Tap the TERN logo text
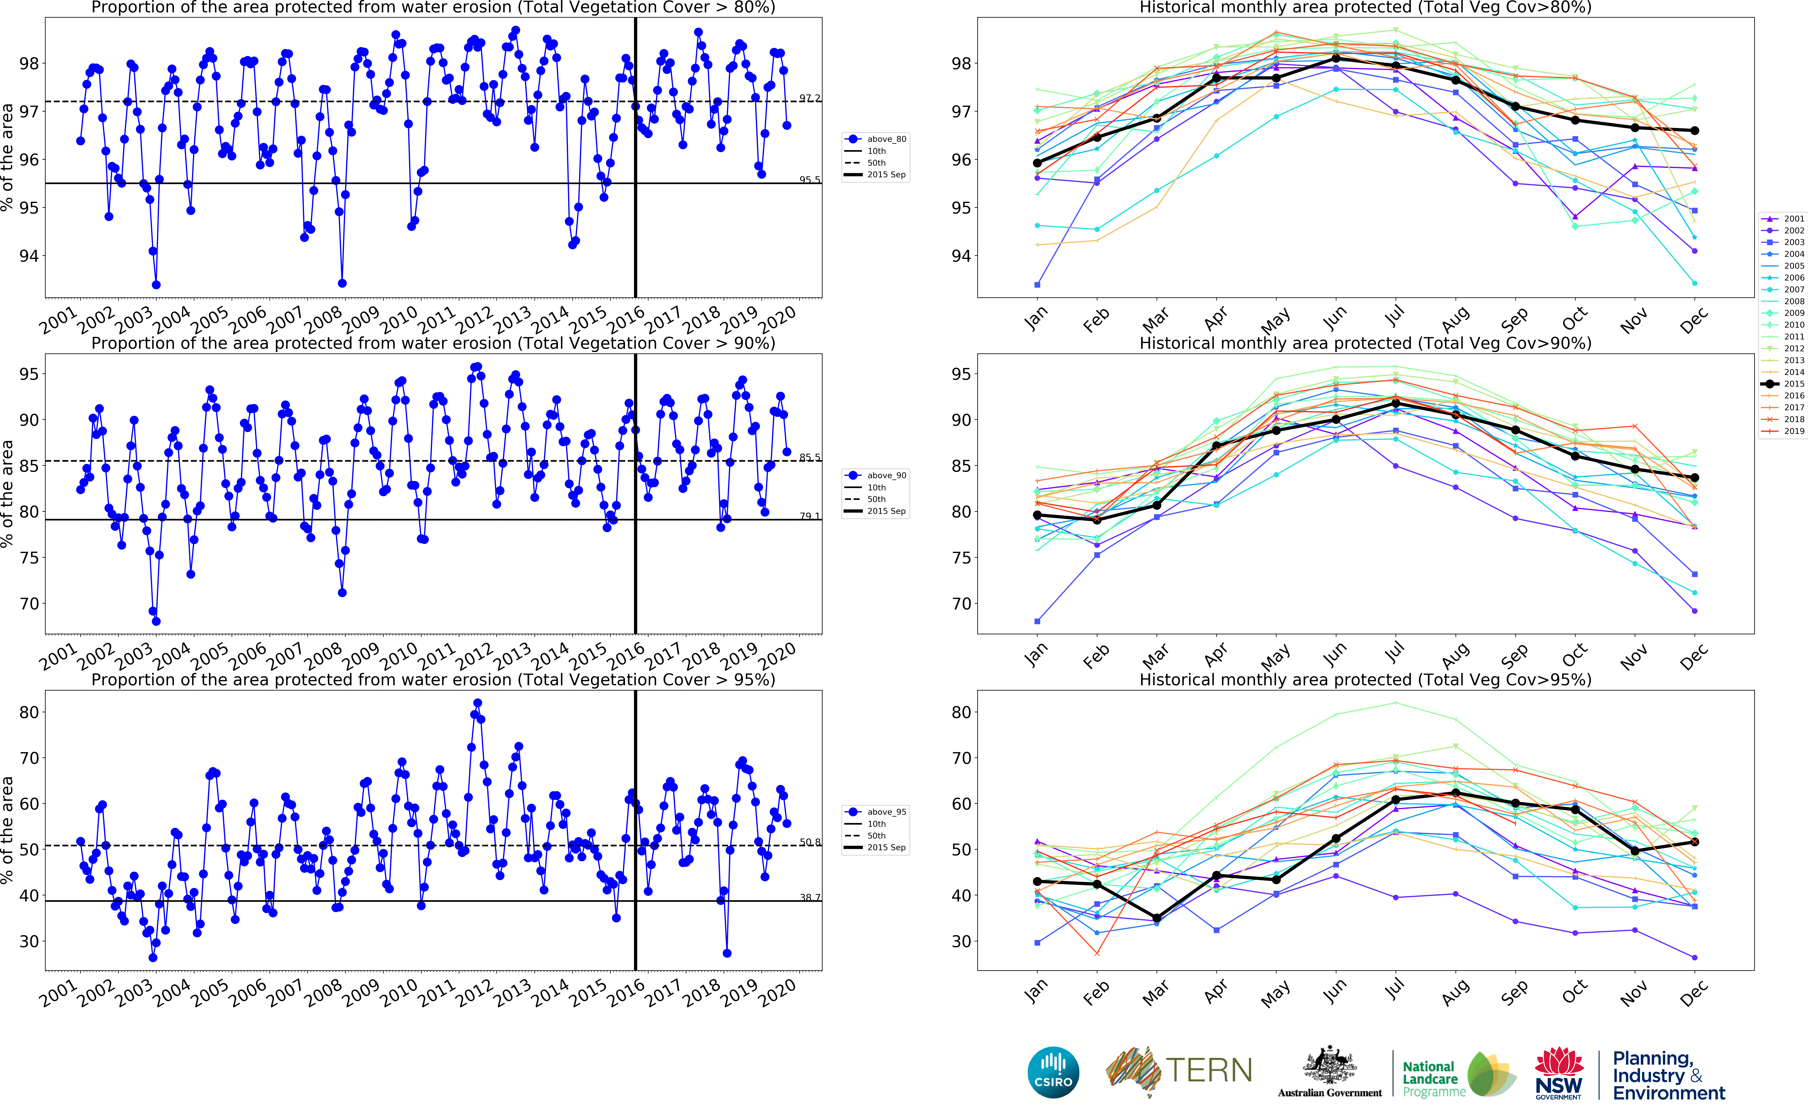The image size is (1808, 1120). tap(1209, 1070)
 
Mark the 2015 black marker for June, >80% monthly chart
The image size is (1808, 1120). tap(1336, 59)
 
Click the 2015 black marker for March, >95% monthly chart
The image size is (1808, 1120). tap(1157, 918)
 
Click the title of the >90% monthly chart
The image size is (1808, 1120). tap(1365, 343)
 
